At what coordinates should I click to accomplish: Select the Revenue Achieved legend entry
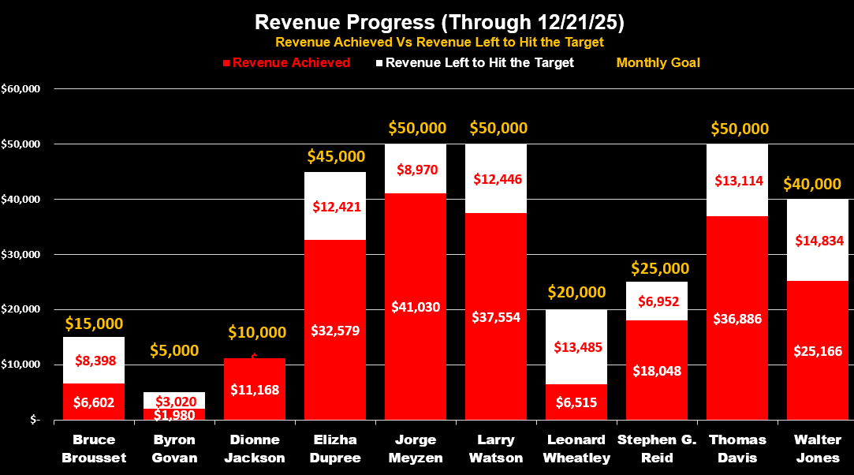291,63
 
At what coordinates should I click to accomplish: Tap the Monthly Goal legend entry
658,62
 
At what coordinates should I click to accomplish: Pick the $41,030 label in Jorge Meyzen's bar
416,307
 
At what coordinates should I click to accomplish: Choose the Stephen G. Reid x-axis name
657,448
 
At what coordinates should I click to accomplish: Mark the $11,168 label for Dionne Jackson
255,389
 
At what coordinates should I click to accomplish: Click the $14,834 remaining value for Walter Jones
819,241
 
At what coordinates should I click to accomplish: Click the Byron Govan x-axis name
174,448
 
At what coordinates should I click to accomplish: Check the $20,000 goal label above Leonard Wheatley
576,292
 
